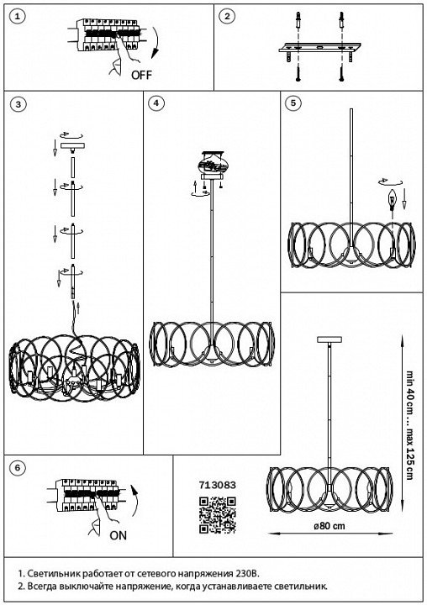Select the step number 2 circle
(227, 16)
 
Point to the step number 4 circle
(156, 103)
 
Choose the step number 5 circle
(293, 103)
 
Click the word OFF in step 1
(142, 75)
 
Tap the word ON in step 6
(119, 535)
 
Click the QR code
(218, 515)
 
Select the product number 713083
(218, 485)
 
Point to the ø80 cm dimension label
(329, 526)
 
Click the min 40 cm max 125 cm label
(409, 425)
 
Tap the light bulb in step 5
(393, 200)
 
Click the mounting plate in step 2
(319, 47)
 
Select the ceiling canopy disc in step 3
(72, 147)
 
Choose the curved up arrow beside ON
(134, 500)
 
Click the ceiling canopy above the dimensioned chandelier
(329, 339)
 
